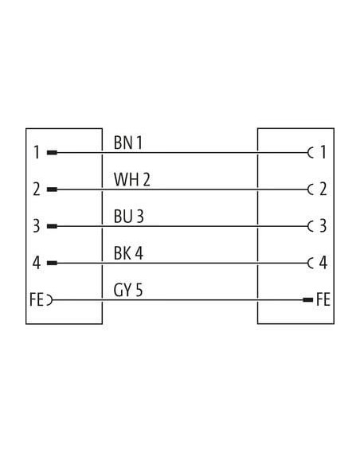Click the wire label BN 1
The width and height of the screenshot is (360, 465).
127,143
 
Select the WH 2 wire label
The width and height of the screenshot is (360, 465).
132,179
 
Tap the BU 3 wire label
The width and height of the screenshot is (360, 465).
129,217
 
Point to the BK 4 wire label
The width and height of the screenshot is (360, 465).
128,253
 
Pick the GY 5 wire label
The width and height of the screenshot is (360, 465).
128,290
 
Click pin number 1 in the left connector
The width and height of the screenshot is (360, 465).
37,152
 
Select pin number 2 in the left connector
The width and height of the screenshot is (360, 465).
37,190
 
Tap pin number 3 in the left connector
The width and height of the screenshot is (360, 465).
37,226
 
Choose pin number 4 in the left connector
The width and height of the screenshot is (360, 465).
37,263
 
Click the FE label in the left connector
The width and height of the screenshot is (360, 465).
37,299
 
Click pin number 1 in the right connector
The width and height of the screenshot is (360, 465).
323,152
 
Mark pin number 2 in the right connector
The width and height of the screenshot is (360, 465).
323,189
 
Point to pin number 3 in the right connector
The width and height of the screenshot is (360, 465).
323,225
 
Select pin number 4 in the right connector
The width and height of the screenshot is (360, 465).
323,263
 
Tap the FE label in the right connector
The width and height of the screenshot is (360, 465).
323,299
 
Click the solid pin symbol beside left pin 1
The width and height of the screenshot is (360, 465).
52,153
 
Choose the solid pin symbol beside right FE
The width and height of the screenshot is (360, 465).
307,300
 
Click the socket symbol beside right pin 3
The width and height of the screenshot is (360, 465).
309,226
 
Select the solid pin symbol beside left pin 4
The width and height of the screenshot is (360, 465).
52,263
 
